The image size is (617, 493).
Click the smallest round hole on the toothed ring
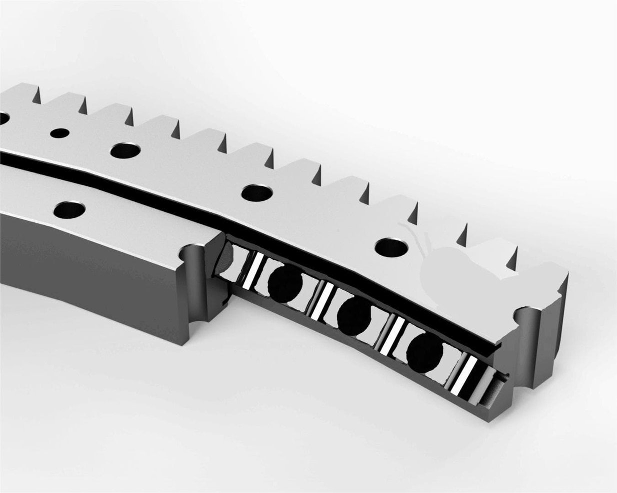pos(60,133)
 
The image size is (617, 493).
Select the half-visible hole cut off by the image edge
pos(3,118)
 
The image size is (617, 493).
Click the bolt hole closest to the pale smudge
pos(392,246)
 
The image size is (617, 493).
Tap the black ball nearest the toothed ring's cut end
pos(424,352)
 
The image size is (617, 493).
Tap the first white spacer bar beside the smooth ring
pos(254,272)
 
